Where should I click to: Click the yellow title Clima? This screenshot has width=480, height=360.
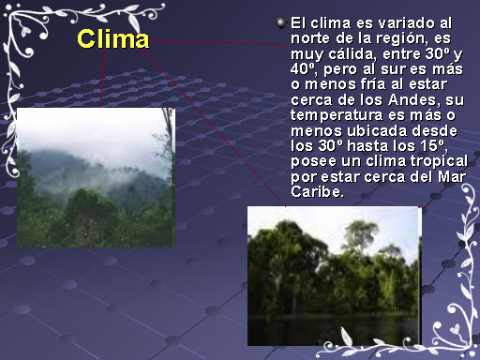pyautogui.click(x=113, y=39)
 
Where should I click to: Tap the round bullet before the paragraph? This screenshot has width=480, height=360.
pyautogui.click(x=281, y=22)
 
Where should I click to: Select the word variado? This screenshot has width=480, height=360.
pyautogui.click(x=406, y=23)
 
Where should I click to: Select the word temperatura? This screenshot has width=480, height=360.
pyautogui.click(x=337, y=115)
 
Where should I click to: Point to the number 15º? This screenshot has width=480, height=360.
pyautogui.click(x=433, y=146)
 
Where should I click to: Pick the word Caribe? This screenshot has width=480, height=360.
pyautogui.click(x=317, y=192)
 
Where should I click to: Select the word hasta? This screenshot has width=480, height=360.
pyautogui.click(x=368, y=146)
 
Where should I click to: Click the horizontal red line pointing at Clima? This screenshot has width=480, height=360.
pyautogui.click(x=217, y=42)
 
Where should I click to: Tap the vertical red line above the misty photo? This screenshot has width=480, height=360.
pyautogui.click(x=102, y=77)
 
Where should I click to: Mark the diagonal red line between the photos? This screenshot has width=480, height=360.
pyautogui.click(x=214, y=127)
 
